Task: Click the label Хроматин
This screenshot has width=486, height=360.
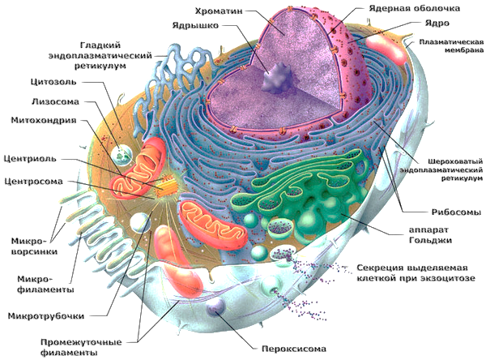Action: (x=224, y=11)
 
